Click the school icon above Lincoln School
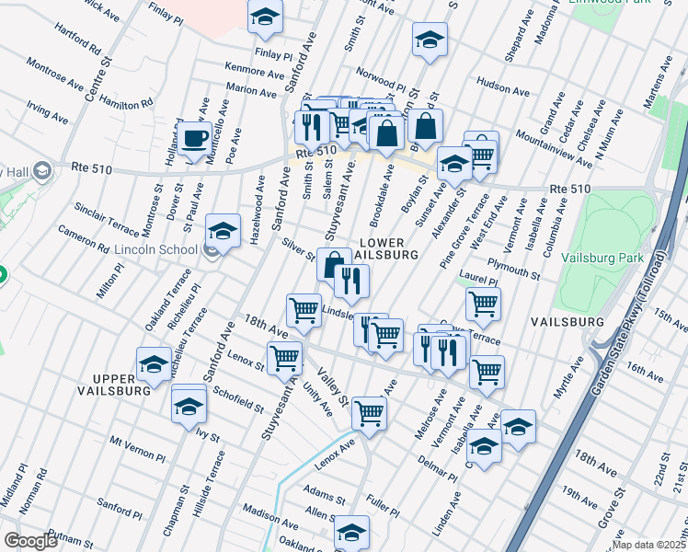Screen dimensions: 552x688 (223, 232)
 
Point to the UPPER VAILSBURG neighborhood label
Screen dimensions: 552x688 (120, 385)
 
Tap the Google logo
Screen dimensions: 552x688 (30, 541)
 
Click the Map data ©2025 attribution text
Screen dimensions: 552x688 (648, 545)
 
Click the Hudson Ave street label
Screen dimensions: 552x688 (503, 92)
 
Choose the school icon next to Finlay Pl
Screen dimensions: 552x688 (265, 18)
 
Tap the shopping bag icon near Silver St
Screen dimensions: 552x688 (332, 265)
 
